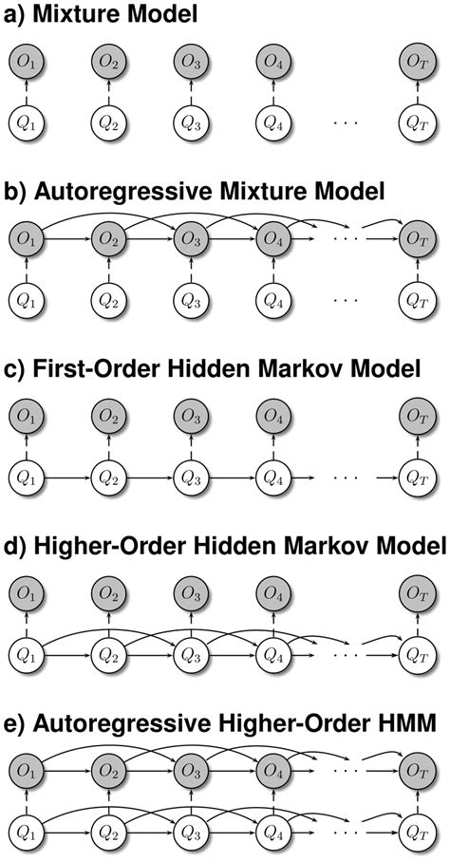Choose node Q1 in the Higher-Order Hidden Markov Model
(27, 653)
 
